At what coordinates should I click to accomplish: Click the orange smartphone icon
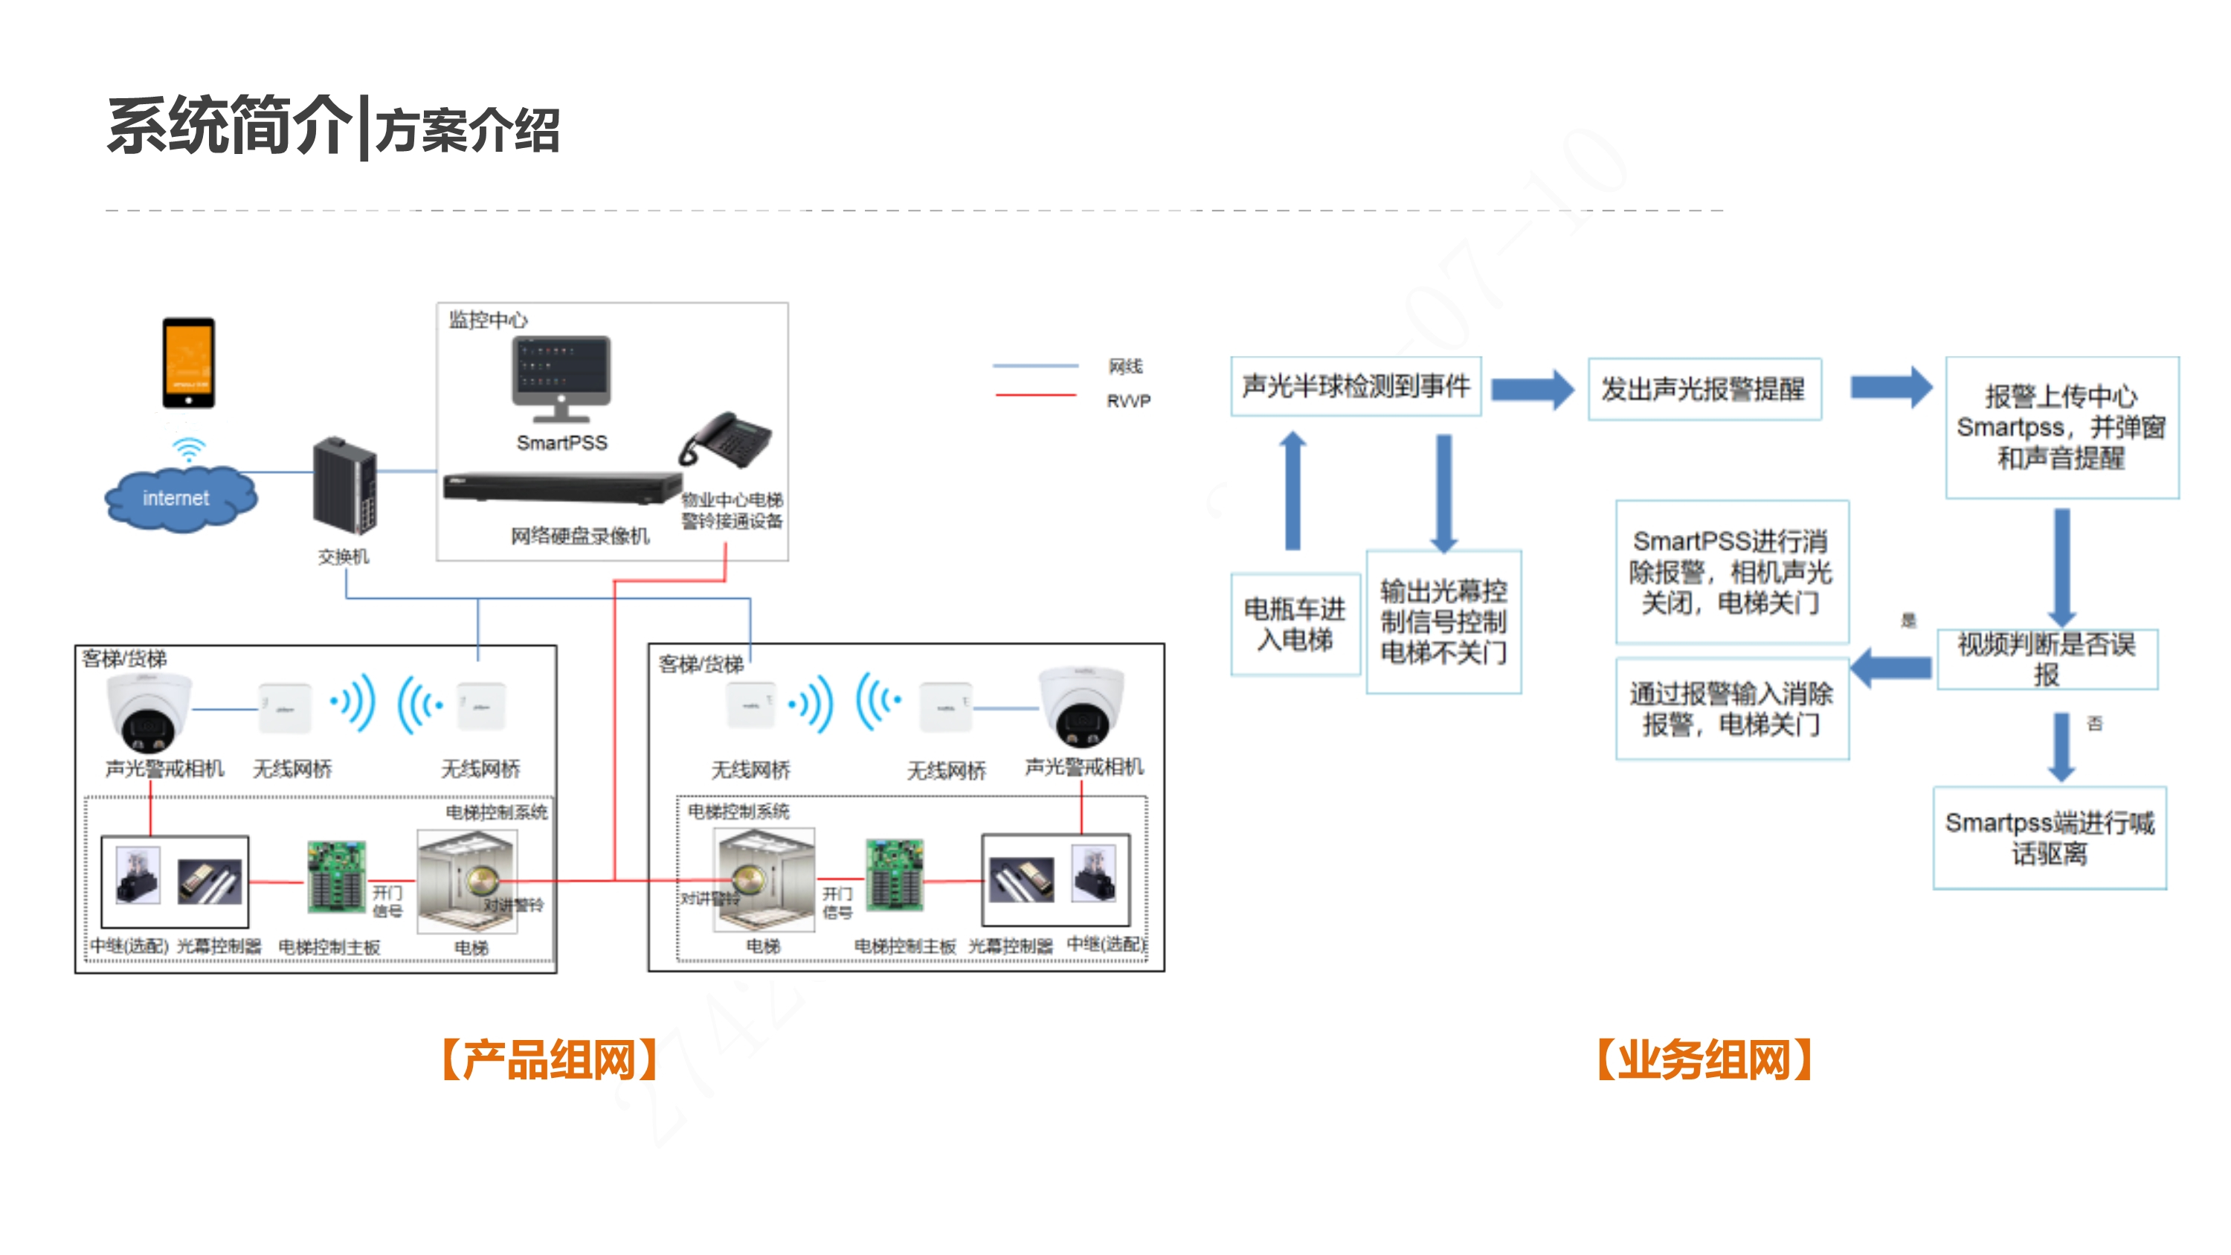click(189, 363)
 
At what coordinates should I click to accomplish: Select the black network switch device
click(344, 486)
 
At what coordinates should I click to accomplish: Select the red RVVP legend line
click(1035, 396)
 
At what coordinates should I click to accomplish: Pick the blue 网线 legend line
click(1035, 365)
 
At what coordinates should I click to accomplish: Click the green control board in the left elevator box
click(336, 876)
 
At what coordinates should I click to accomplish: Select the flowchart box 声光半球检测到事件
click(1356, 386)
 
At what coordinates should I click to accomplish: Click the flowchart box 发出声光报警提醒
click(1704, 389)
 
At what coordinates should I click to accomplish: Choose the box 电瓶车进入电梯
click(1295, 624)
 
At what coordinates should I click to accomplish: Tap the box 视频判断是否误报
click(2047, 659)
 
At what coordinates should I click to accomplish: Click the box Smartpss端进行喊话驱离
click(2049, 838)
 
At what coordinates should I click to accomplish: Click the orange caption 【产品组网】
click(550, 1059)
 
